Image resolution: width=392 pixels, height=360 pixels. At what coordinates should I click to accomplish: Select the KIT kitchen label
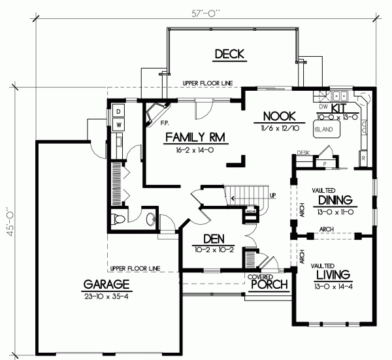[x=338, y=107]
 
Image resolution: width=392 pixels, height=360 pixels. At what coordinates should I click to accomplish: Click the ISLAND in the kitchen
[x=324, y=130]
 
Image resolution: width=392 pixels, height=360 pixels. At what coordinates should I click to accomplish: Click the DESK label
[x=302, y=153]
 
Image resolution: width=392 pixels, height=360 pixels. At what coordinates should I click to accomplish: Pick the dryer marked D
[x=119, y=110]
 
